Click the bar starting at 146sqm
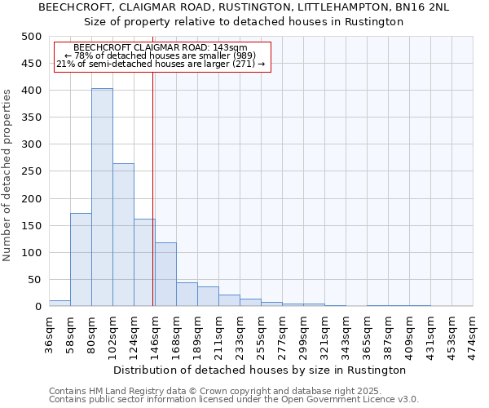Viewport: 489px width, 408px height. point(165,274)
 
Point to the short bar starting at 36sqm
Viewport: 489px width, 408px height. point(59,303)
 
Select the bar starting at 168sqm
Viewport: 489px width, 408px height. point(187,295)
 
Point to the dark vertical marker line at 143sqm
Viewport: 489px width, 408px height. point(153,204)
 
